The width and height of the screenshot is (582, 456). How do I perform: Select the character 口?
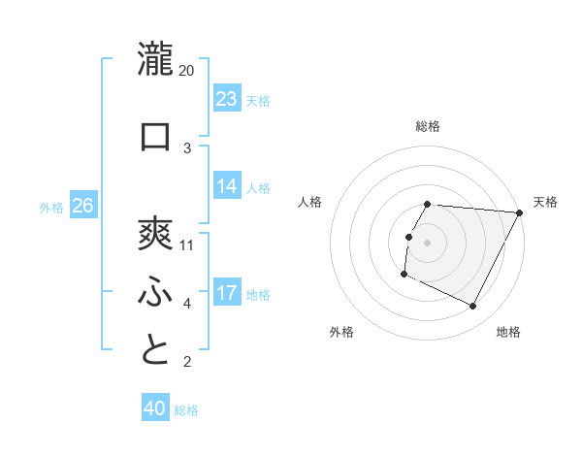pos(155,136)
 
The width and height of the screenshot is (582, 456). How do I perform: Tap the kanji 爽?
pos(155,233)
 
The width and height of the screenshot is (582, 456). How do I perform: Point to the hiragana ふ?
pos(155,292)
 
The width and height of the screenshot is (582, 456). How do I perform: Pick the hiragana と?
pos(155,350)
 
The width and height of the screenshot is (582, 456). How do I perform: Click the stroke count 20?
pos(187,70)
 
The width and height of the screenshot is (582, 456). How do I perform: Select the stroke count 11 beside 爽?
pos(187,244)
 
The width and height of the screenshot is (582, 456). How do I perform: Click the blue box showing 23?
pos(227,99)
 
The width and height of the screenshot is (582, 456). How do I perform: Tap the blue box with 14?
pos(227,186)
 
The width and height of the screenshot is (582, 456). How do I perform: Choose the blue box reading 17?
pos(227,293)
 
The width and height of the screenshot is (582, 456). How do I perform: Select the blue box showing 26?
pos(83,206)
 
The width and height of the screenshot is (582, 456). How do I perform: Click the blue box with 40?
pos(155,409)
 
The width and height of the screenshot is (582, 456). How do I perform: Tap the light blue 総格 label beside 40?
pos(186,410)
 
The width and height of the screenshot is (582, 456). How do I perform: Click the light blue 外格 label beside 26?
pos(51,207)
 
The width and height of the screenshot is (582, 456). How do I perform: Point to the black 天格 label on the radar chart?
pos(545,202)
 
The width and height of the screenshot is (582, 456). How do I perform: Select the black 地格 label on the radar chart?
pos(508,332)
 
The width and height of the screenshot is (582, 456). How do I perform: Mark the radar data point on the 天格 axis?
pos(519,212)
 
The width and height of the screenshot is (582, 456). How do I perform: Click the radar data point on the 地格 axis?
pos(473,307)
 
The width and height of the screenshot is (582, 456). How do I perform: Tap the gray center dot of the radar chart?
pos(427,243)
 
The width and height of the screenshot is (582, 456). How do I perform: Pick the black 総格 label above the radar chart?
pos(427,126)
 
